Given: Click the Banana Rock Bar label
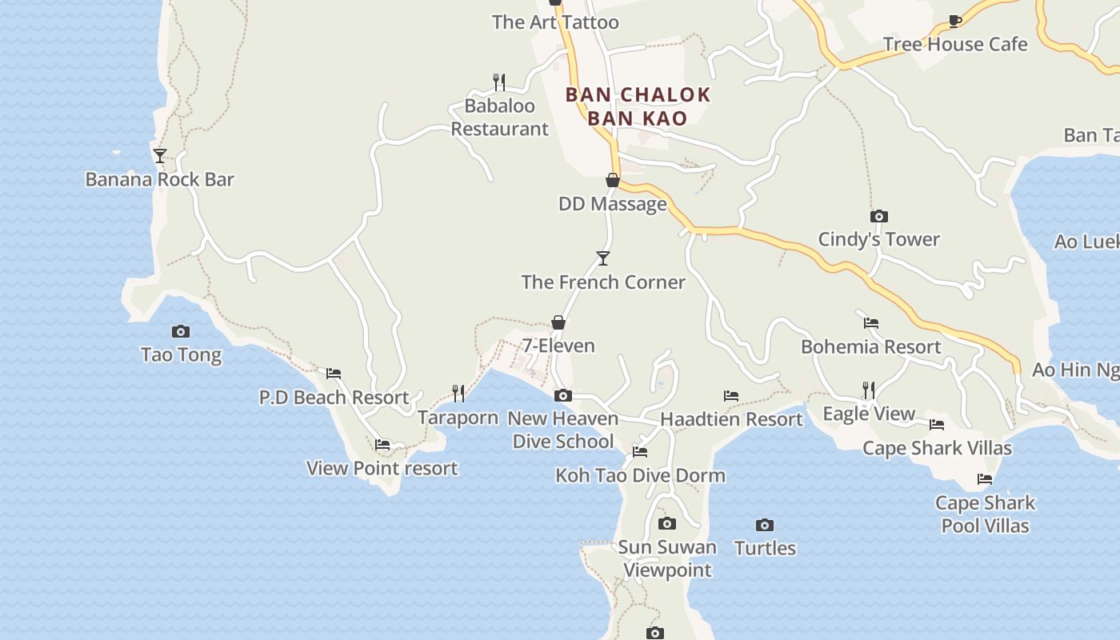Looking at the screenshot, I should pos(159,179).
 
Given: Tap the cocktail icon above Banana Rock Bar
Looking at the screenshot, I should pos(160,155).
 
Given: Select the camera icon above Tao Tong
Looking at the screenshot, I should pos(181,331).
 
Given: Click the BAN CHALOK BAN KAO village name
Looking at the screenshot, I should pos(638,106).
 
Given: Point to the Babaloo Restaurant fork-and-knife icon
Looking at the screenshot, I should pos(499,82).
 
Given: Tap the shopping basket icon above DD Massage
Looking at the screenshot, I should pos(613,180).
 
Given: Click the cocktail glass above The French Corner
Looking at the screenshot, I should pos(603,258).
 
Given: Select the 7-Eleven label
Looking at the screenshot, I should pos(558,346).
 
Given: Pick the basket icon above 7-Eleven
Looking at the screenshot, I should pos(558,322).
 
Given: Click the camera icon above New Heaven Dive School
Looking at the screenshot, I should pos(563,395).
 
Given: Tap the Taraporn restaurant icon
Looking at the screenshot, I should pos(458,393).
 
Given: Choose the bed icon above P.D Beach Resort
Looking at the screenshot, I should pos(334,373).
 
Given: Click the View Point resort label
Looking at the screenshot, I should pos(382,468).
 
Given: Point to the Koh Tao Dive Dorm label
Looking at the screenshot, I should pos(640,475).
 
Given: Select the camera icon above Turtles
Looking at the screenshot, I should pos(765,525).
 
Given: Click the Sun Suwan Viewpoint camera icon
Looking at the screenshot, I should pos(667,523).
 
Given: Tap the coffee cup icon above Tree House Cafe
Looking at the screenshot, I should pos(954,21).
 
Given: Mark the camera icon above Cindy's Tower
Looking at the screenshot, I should pos(879,216).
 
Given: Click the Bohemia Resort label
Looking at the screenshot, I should pos(871,346).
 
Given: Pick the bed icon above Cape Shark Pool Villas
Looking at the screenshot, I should pos(985,479).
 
